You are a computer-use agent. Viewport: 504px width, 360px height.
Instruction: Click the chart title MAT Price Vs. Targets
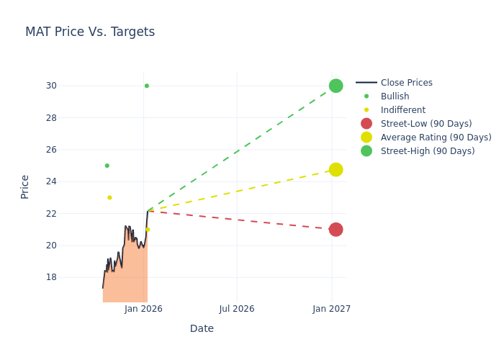coord(90,32)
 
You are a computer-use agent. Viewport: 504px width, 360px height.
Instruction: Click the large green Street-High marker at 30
coord(336,86)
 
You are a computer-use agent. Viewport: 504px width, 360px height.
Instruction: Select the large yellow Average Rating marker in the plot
coord(336,170)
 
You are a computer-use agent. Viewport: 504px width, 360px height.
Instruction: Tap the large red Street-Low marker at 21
coord(336,230)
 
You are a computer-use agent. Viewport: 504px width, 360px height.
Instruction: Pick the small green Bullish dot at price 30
coord(147,86)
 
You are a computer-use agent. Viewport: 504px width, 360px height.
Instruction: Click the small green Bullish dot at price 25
coord(107,166)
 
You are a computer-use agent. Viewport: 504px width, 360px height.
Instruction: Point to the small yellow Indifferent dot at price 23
coord(109,197)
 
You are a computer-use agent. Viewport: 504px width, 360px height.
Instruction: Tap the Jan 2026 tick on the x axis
coord(143,309)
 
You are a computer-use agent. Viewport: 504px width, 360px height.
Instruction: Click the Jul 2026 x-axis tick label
coord(237,309)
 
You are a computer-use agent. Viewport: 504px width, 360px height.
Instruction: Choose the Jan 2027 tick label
coord(332,309)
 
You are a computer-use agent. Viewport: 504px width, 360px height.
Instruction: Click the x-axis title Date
coord(202,329)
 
